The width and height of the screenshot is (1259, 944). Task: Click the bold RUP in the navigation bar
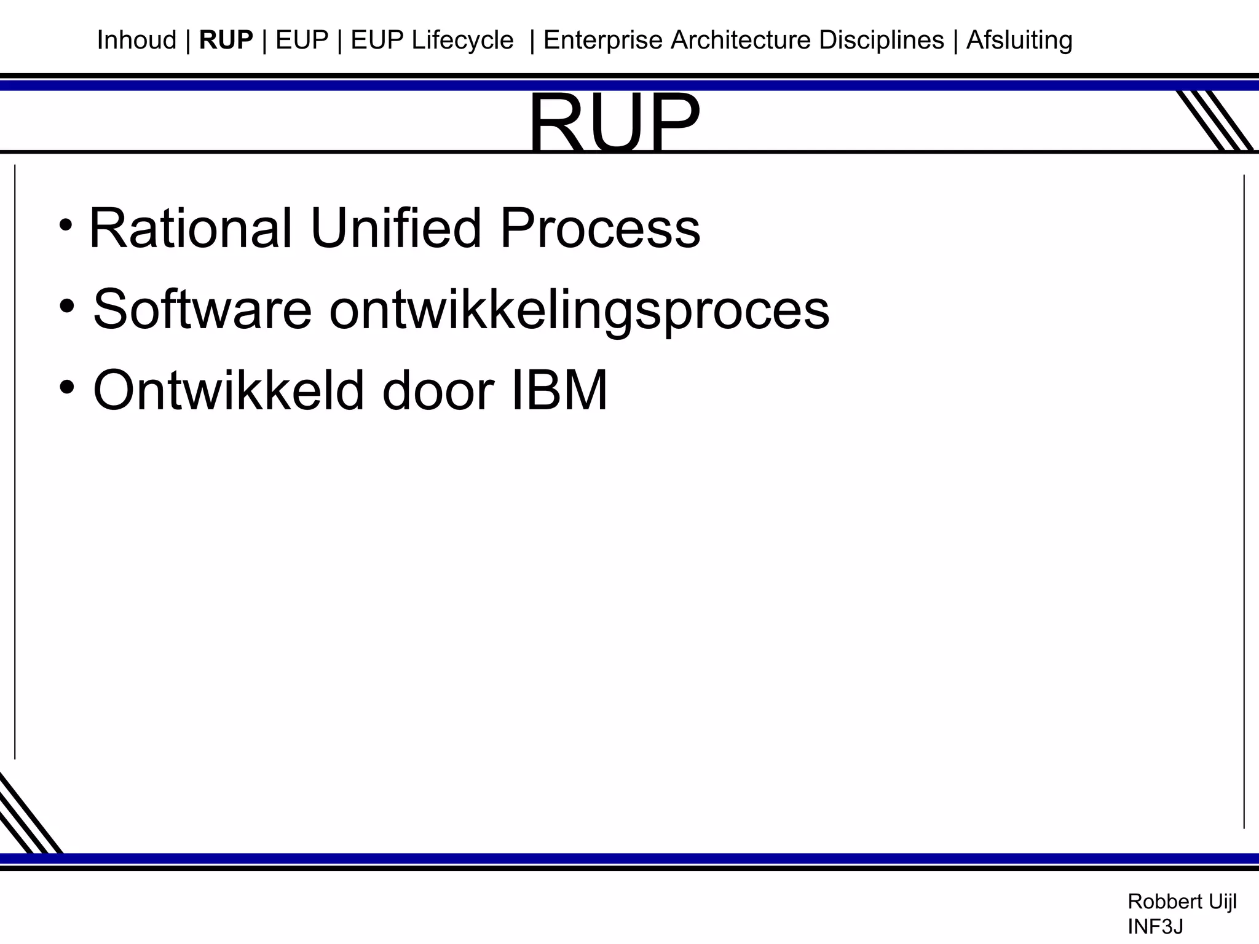[226, 41]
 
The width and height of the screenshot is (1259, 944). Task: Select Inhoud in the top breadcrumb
[136, 41]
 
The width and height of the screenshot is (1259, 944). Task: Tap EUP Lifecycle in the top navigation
[432, 41]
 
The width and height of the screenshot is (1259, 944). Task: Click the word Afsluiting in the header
[1019, 41]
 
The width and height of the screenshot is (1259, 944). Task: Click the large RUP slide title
[614, 123]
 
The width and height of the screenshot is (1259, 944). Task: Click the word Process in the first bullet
[600, 229]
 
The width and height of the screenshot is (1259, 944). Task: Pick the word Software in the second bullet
[202, 309]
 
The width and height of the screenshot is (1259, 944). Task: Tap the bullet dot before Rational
[66, 225]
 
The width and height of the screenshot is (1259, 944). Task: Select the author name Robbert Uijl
[1182, 902]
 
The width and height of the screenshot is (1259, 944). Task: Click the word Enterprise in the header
[604, 41]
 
